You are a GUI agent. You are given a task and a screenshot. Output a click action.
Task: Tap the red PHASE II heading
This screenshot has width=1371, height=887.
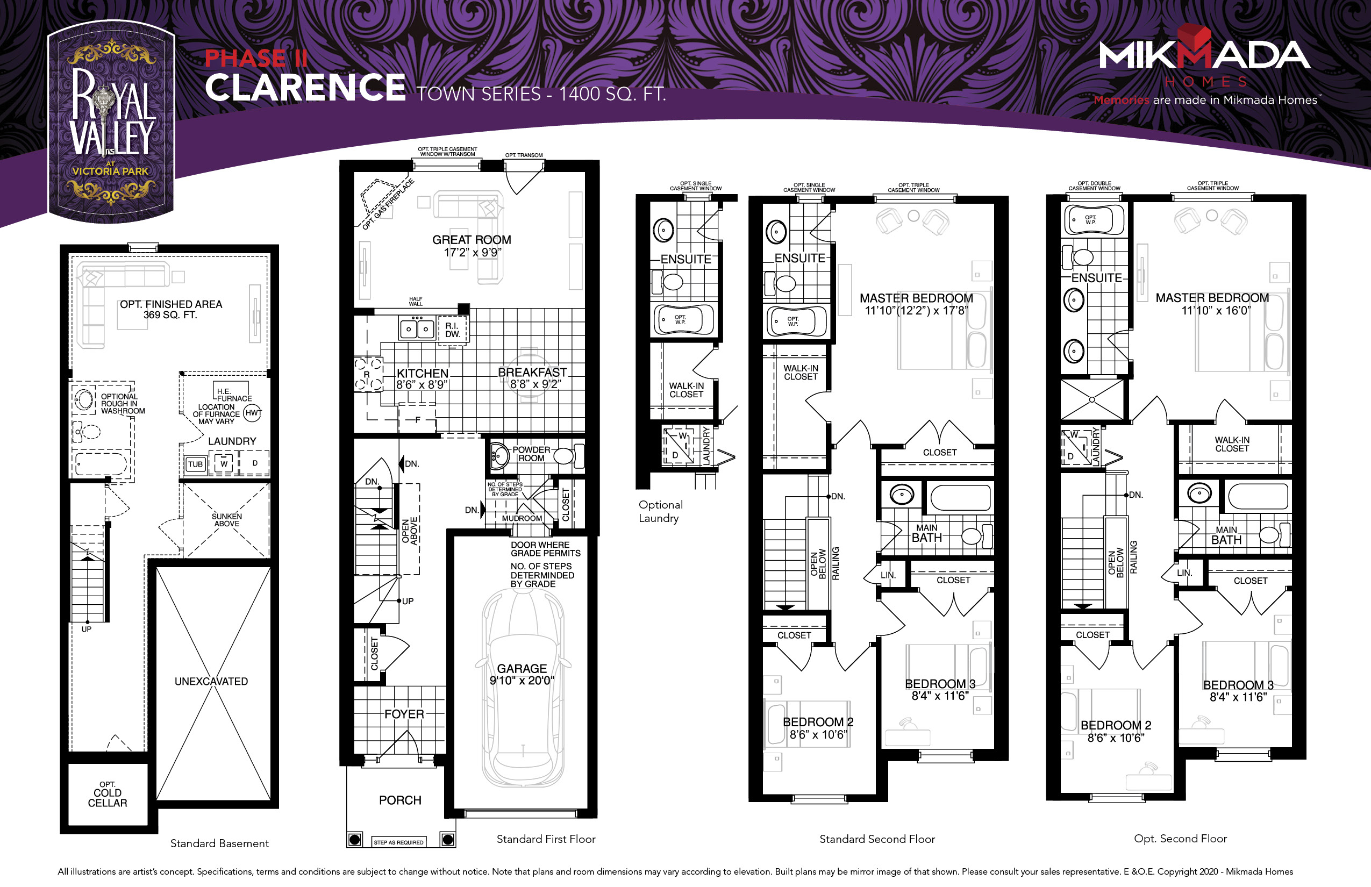(x=256, y=58)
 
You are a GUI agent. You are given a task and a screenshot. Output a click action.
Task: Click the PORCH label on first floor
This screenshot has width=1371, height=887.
(x=400, y=800)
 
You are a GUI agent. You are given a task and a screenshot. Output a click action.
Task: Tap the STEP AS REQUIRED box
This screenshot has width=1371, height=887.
(x=398, y=842)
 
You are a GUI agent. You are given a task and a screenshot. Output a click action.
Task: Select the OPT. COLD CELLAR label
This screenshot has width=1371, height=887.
(x=108, y=795)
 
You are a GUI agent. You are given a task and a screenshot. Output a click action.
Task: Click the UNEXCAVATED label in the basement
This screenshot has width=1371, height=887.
(x=211, y=682)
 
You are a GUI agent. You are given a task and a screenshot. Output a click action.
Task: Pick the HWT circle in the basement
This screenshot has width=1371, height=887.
(x=252, y=412)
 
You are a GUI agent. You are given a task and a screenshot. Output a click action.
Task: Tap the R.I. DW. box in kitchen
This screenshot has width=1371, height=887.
(x=452, y=330)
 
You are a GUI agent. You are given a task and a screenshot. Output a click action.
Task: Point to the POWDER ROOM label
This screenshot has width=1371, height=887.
(x=531, y=454)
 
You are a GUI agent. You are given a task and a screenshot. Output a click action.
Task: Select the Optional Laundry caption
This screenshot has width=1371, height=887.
(x=661, y=511)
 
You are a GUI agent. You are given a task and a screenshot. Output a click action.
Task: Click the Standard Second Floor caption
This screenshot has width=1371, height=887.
(x=877, y=839)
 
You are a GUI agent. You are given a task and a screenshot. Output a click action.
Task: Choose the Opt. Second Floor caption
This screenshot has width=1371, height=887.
(x=1180, y=839)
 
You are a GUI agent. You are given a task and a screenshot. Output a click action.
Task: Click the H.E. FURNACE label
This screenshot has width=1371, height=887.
(x=232, y=394)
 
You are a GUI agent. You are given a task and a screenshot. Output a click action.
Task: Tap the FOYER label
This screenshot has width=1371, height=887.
(x=404, y=714)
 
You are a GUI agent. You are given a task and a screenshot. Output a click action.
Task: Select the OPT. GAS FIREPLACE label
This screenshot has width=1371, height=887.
(x=388, y=205)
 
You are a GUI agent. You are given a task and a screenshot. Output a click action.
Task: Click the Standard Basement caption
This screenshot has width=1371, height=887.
(x=219, y=843)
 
